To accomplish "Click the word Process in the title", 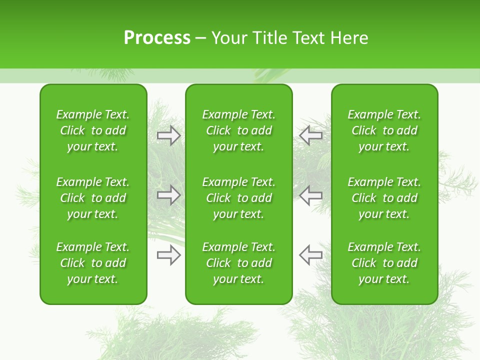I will (157, 38).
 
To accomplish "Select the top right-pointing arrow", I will (168, 135).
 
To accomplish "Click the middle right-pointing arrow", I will (168, 195).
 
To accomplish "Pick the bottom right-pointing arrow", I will (168, 255).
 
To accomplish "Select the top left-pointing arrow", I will (310, 135).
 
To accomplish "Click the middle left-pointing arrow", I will (310, 195).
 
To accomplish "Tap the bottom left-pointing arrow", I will (310, 255).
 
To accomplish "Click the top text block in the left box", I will (93, 130).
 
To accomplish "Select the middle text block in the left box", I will (93, 198).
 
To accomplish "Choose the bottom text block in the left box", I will (93, 263).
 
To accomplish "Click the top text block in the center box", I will (238, 130).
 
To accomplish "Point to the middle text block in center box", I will (238, 198).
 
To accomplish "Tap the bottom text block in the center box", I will (238, 263).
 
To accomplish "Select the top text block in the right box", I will (384, 130).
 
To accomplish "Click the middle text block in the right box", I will (384, 198).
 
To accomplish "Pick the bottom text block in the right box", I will (384, 263).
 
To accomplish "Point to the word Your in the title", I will (228, 38).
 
